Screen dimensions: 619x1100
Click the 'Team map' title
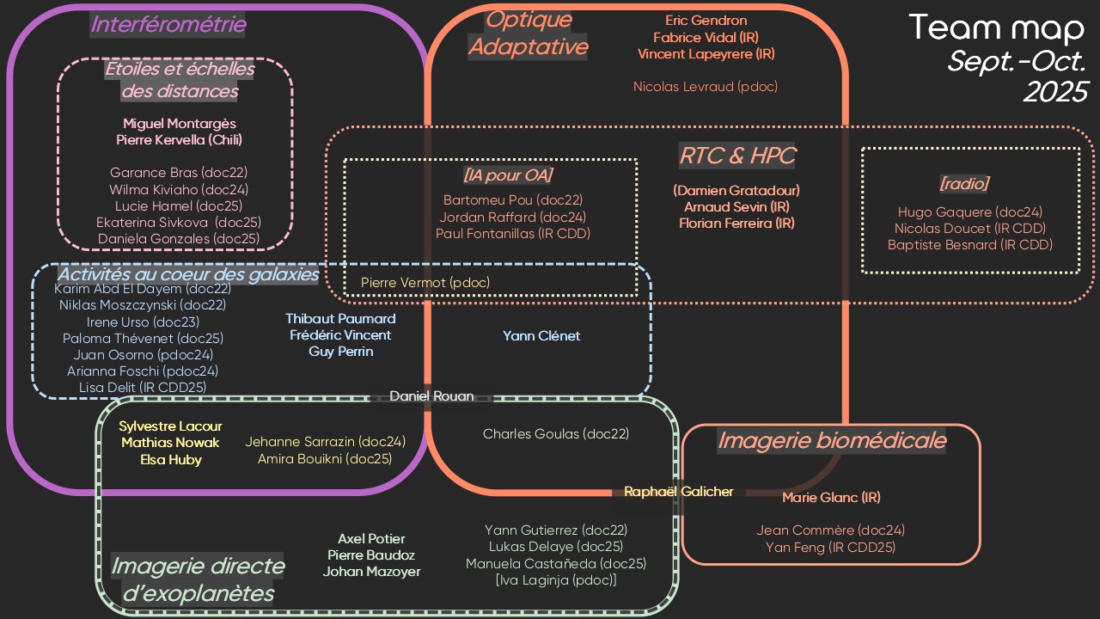tap(996, 28)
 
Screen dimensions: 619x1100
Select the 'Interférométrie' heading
tap(168, 25)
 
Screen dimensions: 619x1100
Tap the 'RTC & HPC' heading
tap(737, 156)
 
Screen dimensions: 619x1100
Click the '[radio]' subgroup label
tap(964, 183)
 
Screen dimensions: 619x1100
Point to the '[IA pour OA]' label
tap(507, 175)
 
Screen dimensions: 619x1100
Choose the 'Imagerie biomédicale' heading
tap(831, 441)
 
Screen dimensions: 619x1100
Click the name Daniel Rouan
tap(431, 396)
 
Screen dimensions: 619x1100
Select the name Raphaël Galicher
tap(679, 492)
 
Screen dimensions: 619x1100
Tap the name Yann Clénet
tap(541, 336)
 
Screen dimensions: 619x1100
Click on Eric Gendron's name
tap(706, 21)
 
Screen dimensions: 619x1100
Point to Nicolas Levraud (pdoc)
tap(706, 87)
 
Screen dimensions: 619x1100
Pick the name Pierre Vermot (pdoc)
tap(425, 282)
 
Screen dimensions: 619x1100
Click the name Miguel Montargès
tap(179, 124)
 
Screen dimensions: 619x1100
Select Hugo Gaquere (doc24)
tap(969, 212)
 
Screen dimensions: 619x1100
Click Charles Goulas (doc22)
tap(556, 434)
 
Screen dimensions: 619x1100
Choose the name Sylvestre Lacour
tap(170, 426)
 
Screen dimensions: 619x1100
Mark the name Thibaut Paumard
tap(340, 319)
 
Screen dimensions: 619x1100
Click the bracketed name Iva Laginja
tap(556, 580)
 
